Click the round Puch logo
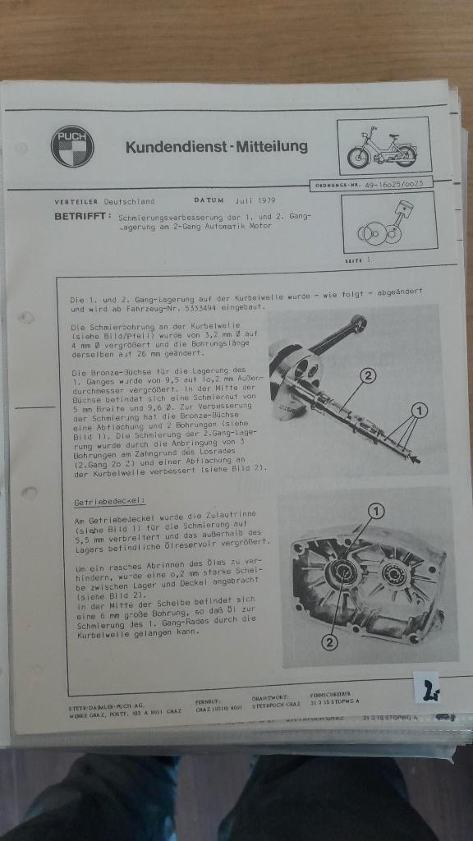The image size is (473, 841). click(72, 147)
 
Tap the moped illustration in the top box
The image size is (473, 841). click(383, 147)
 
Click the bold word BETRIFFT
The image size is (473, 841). click(81, 217)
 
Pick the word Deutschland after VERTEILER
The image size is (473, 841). click(129, 201)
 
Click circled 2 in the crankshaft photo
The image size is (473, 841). click(369, 375)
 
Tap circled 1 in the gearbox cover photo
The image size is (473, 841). click(377, 510)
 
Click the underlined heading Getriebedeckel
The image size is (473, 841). click(108, 499)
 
